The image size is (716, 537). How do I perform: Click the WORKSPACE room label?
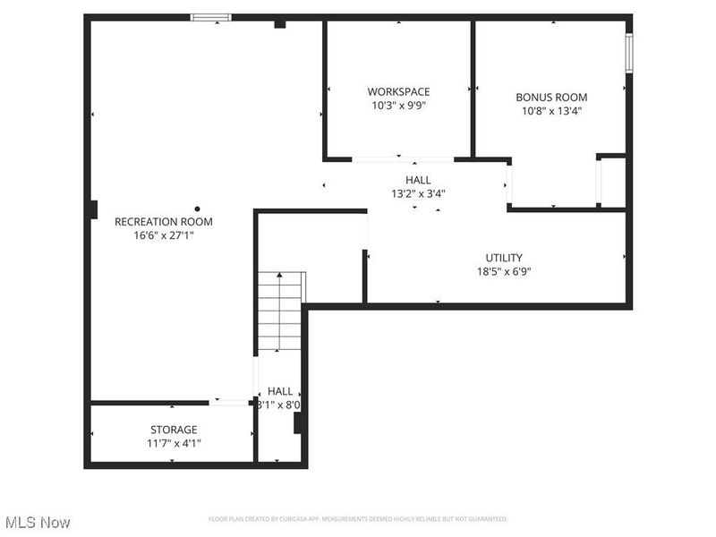[x=398, y=91]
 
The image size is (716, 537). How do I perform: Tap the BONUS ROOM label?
[x=550, y=98]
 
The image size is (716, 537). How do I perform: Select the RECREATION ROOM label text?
[x=164, y=222]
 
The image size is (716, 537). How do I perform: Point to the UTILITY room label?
[x=504, y=258]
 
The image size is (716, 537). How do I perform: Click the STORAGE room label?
[x=174, y=430]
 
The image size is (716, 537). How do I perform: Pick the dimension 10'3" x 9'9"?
[x=398, y=106]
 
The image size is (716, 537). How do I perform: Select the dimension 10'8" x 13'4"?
[x=550, y=112]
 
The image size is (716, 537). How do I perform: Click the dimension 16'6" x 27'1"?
[x=164, y=236]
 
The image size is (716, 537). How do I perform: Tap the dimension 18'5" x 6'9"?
[x=504, y=272]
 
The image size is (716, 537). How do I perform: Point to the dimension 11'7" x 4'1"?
[x=174, y=443]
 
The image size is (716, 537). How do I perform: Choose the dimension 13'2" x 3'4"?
[x=418, y=193]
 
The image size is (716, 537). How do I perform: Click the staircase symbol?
[x=280, y=312]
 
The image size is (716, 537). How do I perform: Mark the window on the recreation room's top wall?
[x=211, y=16]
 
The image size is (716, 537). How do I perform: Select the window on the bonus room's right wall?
[x=629, y=53]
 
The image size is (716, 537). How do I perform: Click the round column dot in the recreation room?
[x=198, y=209]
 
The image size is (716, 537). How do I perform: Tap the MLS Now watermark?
[x=38, y=522]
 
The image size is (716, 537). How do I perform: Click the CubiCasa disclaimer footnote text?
[x=358, y=519]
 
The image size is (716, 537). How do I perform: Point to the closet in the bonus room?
[x=612, y=182]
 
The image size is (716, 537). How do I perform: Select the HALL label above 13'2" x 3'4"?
[x=418, y=180]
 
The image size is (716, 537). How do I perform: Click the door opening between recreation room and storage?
[x=230, y=403]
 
